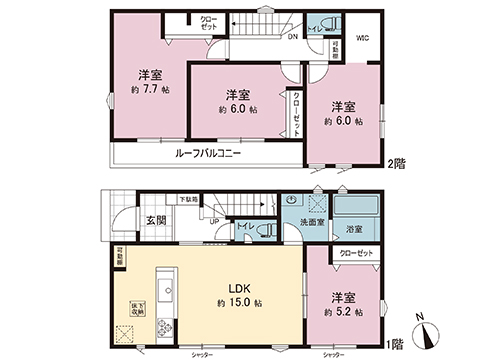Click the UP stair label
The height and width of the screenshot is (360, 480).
[x=215, y=223]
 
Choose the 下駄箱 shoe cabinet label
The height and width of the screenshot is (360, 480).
[x=188, y=200]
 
